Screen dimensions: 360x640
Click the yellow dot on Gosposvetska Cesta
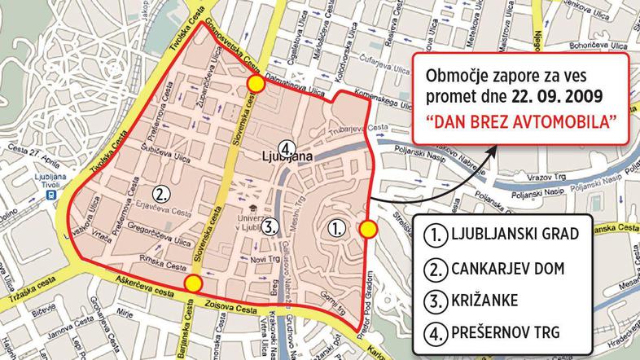(x=256, y=84)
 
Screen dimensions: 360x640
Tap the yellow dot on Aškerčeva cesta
(x=193, y=283)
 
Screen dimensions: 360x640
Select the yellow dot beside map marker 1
(x=368, y=230)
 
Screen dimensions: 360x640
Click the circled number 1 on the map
(x=335, y=228)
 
